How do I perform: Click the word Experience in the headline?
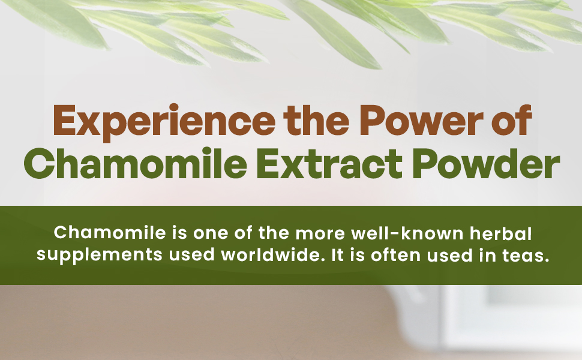point(164,121)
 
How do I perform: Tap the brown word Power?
point(421,121)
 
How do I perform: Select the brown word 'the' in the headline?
point(316,120)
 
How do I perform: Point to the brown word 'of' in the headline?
point(514,120)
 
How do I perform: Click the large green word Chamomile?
point(136,163)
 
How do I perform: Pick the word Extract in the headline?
point(329,164)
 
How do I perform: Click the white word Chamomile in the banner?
point(110,233)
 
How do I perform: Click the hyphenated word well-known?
point(407,233)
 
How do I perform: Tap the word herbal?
point(501,233)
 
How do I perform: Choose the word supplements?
point(100,256)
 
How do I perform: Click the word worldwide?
point(271,254)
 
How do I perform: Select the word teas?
point(526,255)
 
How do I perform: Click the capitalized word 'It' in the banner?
point(337,255)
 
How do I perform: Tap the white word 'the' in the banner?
point(274,233)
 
